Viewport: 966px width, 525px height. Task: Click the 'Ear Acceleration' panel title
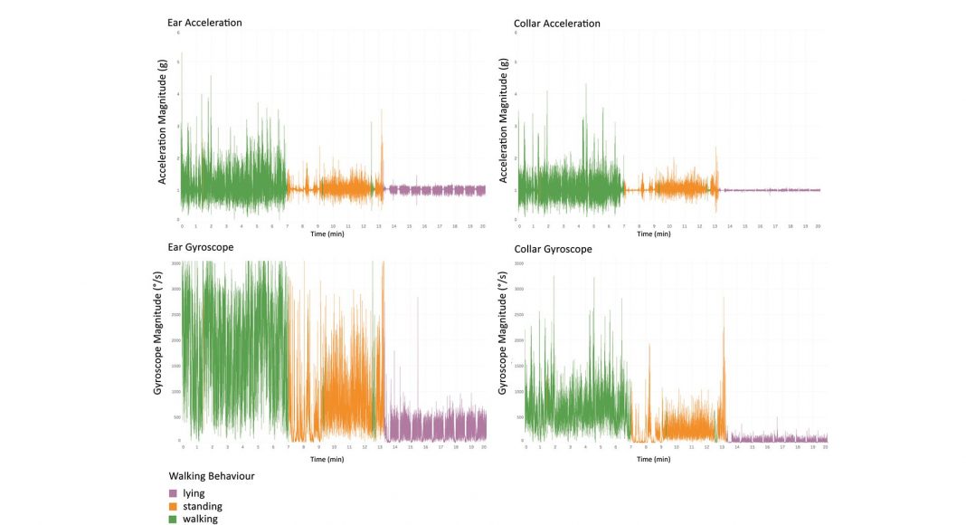coord(204,23)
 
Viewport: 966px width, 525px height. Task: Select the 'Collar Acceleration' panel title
coord(556,23)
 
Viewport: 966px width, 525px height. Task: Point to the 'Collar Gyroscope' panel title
coord(553,249)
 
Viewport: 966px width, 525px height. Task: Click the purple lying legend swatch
coord(174,493)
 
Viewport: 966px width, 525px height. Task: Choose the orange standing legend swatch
coord(174,506)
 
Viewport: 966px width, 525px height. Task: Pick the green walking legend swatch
coord(174,519)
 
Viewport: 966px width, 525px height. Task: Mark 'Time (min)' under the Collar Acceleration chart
coord(658,234)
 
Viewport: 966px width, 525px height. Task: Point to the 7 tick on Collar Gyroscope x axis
coord(630,447)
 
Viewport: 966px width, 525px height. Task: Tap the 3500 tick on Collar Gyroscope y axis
coord(518,262)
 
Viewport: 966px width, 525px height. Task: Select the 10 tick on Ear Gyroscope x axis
coord(335,447)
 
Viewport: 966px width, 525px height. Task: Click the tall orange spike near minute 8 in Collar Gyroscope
coord(649,362)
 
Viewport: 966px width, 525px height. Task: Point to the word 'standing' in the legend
coord(203,506)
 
